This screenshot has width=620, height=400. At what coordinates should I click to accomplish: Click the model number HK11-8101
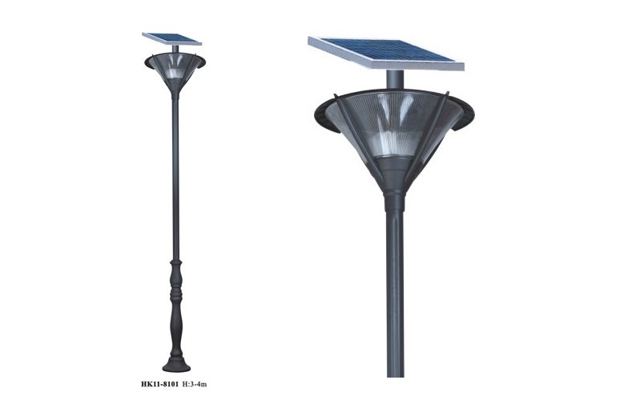[159, 384]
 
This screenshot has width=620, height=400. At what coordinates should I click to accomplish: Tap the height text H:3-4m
[194, 384]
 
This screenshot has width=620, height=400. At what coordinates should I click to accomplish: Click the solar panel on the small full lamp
[172, 38]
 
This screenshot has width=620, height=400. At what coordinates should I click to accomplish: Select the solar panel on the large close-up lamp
[386, 54]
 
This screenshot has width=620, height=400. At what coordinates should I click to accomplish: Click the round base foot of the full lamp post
[176, 364]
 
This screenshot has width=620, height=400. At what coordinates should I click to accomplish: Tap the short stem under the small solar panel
[175, 49]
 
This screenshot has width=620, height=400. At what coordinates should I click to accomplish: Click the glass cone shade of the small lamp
[175, 70]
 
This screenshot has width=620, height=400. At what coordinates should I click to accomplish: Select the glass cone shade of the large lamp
[394, 130]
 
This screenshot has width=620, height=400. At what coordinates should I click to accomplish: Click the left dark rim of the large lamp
[325, 117]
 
